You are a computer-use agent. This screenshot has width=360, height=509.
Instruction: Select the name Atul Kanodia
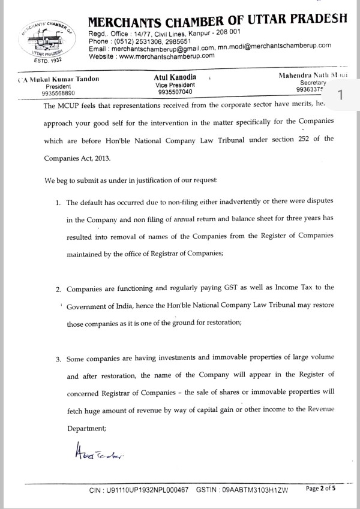[175, 78]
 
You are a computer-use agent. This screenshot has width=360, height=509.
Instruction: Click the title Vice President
[175, 86]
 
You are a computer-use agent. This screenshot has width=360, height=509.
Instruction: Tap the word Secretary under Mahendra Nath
[313, 83]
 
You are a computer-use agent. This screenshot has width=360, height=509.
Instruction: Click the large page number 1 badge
[341, 95]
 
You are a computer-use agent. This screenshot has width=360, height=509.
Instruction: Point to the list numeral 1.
[58, 203]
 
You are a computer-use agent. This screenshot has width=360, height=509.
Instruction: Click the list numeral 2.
[58, 289]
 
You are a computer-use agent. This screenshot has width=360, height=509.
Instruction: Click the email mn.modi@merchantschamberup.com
[275, 47]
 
